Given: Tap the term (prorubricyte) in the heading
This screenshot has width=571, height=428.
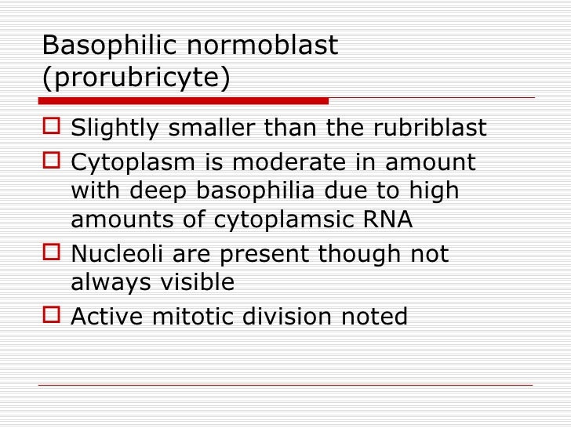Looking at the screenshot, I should (136, 79).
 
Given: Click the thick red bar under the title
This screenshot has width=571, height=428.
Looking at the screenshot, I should (184, 100).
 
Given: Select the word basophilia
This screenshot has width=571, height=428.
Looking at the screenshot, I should (258, 191).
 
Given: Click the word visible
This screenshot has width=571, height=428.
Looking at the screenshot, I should (194, 283).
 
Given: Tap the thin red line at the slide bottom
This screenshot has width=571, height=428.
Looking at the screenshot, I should (285, 385).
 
